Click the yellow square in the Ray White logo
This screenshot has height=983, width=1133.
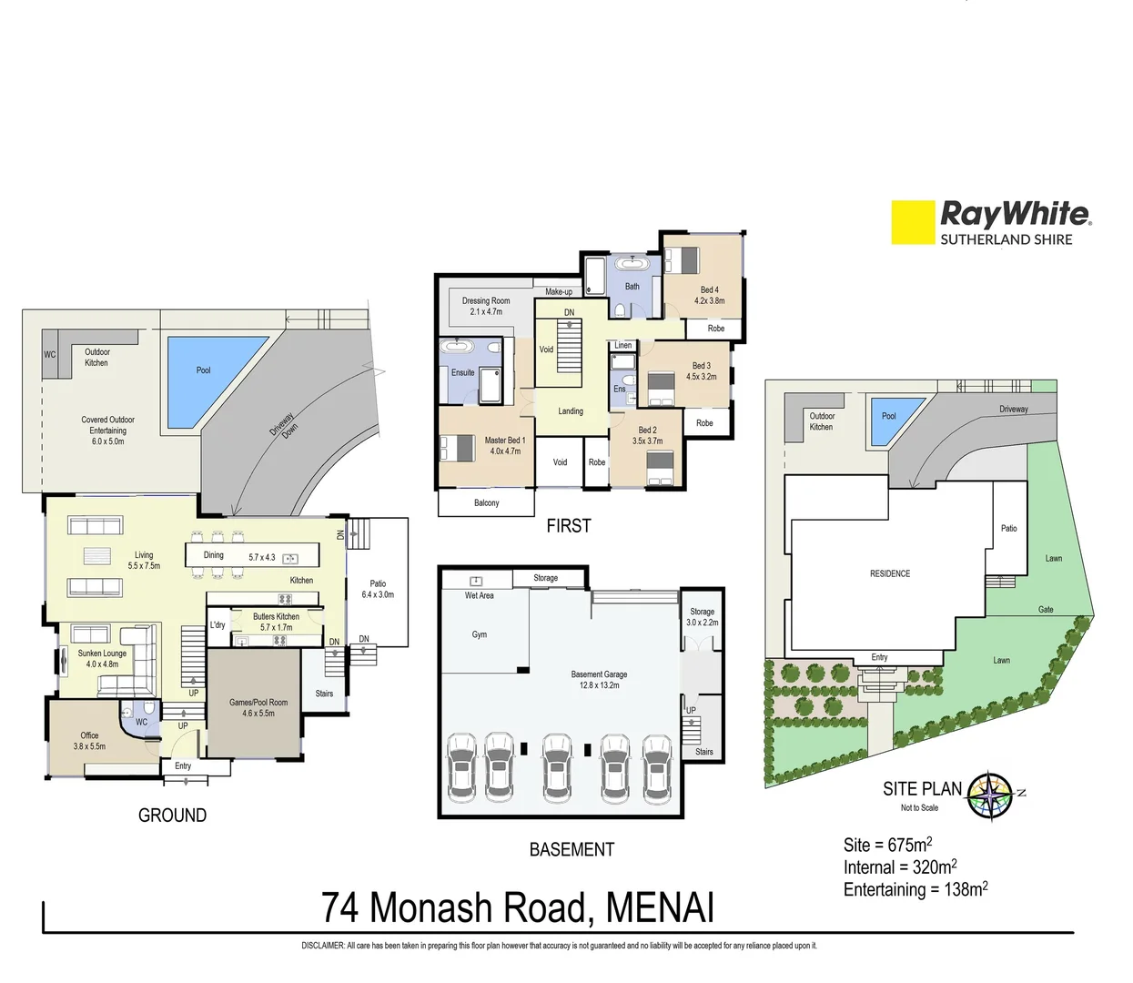[913, 222]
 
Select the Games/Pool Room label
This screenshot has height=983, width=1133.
[258, 707]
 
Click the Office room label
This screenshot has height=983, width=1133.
[89, 740]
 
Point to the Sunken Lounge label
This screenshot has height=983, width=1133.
[102, 658]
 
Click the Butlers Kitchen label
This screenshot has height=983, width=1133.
[276, 622]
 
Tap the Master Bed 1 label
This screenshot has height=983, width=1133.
[505, 445]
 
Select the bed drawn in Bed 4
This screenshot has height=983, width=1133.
[682, 259]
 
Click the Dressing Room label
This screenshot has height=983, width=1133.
[486, 306]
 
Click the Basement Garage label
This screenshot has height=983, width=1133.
[599, 679]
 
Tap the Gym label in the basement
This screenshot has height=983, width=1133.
[480, 634]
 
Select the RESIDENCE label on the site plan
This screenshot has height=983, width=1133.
[889, 573]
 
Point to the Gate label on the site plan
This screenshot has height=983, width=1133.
[1046, 609]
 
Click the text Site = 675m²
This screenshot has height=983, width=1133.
[887, 845]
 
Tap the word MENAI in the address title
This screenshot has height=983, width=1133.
[660, 908]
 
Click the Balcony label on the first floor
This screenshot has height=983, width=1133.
[486, 502]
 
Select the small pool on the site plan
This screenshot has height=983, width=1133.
[887, 419]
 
